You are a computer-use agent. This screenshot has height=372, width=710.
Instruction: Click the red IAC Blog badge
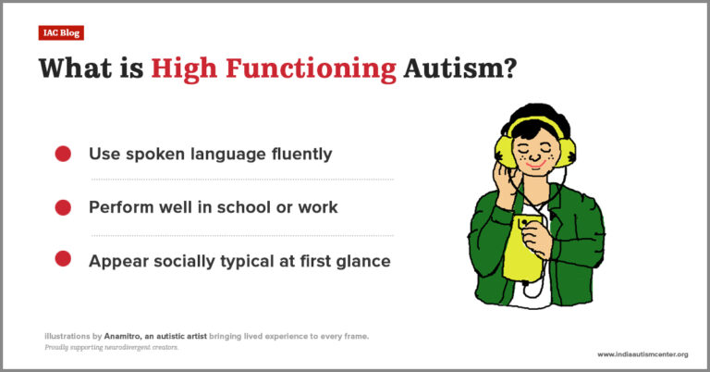[x=62, y=32]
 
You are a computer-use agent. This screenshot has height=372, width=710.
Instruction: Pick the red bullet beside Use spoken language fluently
[x=63, y=155]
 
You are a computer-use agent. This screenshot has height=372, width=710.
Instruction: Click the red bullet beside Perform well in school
[x=63, y=207]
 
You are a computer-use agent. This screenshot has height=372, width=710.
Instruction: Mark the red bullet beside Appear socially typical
[x=63, y=261]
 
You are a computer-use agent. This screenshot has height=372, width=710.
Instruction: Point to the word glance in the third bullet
[x=362, y=261]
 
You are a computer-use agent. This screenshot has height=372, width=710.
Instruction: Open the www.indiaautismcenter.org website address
[x=642, y=354]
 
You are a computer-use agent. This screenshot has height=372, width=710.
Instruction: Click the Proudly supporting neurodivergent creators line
[x=110, y=347]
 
